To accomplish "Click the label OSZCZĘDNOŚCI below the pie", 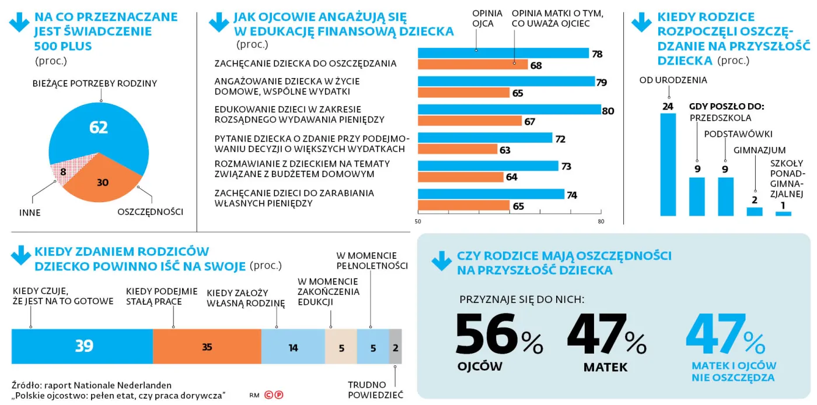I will tap(150, 212).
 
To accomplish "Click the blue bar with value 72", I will tap(484, 138).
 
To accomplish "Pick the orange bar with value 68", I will tap(473, 65).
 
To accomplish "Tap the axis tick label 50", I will tap(418, 221).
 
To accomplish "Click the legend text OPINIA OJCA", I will tap(483, 18).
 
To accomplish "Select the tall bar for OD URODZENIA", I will tap(668, 164).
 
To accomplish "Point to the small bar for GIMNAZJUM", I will tap(755, 212).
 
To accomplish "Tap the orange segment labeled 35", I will tap(207, 347).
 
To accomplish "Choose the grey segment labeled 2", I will tap(395, 347).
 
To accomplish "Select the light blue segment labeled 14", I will tap(293, 347).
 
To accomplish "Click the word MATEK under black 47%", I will tap(605, 368).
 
